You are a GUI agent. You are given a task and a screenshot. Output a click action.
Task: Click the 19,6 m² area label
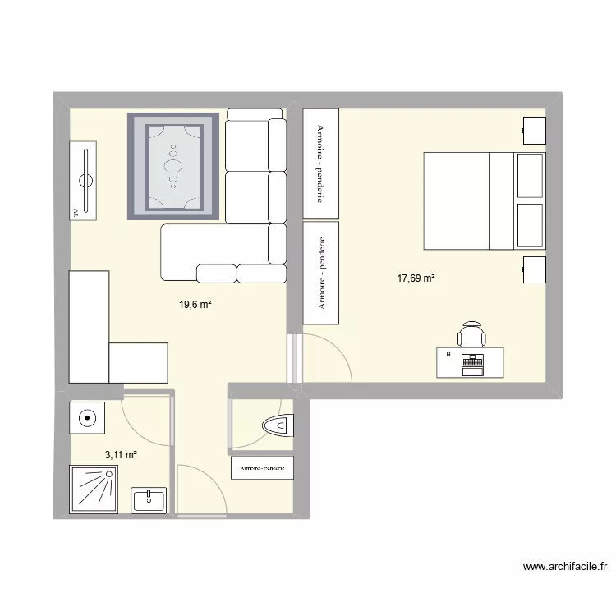click(196, 305)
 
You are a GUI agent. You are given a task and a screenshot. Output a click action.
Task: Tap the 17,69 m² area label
click(416, 278)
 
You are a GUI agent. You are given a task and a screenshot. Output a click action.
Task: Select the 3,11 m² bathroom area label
click(121, 454)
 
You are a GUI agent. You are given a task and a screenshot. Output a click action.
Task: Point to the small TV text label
click(76, 212)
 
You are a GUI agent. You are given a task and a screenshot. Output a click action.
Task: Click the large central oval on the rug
click(173, 165)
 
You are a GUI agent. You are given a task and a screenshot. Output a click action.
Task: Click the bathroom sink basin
click(149, 498)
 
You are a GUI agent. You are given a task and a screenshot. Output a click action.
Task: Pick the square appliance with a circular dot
click(87, 417)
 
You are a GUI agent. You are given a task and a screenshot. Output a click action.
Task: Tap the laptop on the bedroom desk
click(472, 364)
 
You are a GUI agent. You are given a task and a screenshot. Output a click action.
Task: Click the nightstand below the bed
click(534, 269)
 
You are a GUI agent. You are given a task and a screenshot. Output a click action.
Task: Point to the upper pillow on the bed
click(530, 176)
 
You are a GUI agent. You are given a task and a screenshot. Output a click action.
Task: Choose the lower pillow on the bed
click(530, 224)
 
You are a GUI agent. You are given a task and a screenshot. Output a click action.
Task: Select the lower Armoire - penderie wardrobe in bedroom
click(320, 274)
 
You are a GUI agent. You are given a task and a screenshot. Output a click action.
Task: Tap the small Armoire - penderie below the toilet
click(262, 467)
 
